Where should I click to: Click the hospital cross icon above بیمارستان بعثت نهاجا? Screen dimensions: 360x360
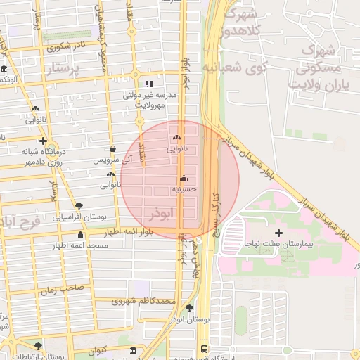click(x=278, y=233)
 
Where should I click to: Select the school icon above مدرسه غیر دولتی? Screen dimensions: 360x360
click(x=148, y=84)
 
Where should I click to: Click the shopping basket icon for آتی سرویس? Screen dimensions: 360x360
click(x=113, y=149)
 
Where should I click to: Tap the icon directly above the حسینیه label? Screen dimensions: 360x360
click(x=184, y=178)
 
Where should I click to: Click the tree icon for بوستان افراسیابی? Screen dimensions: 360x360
click(x=78, y=207)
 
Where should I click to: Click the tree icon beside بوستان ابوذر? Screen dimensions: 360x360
click(x=189, y=308)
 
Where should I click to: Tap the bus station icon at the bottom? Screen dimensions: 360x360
click(x=204, y=349)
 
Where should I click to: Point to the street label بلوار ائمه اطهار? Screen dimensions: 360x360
click(x=131, y=231)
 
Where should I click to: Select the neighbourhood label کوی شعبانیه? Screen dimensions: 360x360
click(x=236, y=67)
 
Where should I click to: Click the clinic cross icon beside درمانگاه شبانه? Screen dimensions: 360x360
click(x=44, y=141)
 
